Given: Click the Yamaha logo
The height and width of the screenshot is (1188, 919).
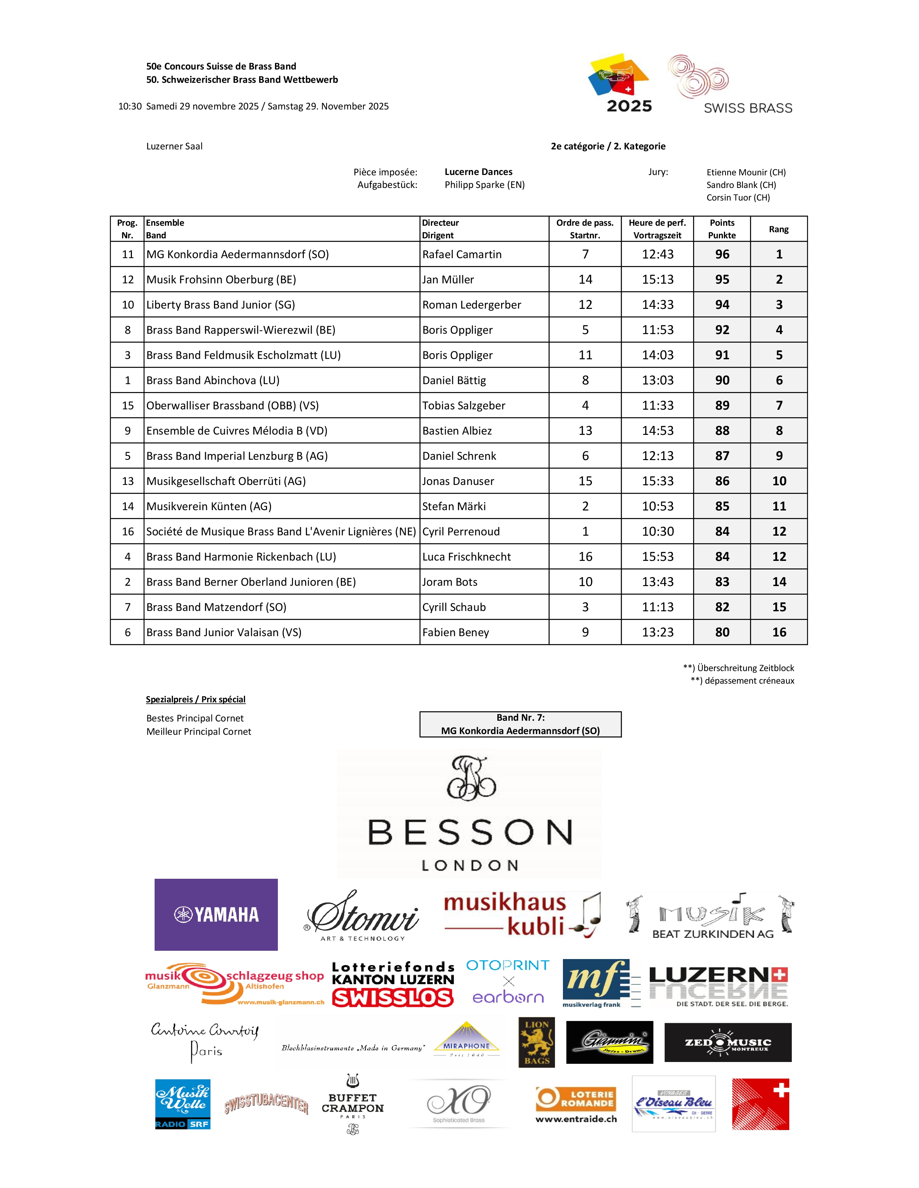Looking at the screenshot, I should click(x=216, y=914).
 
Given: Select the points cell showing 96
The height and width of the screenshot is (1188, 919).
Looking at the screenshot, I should click(x=722, y=254).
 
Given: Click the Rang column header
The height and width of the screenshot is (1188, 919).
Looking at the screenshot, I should click(x=778, y=229).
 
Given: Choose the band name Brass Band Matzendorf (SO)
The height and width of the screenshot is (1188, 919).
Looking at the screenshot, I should click(x=216, y=607).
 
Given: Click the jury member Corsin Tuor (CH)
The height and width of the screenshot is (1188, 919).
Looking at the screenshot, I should click(x=738, y=197).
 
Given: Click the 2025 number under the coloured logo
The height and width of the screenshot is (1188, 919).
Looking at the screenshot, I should click(x=629, y=106).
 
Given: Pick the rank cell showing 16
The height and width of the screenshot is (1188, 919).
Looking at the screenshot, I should click(x=778, y=632).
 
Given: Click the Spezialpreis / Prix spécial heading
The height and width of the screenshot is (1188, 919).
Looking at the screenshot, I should click(x=195, y=699).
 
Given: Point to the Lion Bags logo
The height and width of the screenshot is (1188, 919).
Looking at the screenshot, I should click(x=537, y=1042).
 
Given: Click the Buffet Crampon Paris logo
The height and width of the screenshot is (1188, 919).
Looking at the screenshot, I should click(x=353, y=1103).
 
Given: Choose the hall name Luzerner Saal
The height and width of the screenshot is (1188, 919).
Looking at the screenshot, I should click(x=174, y=146).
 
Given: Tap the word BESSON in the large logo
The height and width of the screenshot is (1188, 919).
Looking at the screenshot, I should click(x=470, y=832).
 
